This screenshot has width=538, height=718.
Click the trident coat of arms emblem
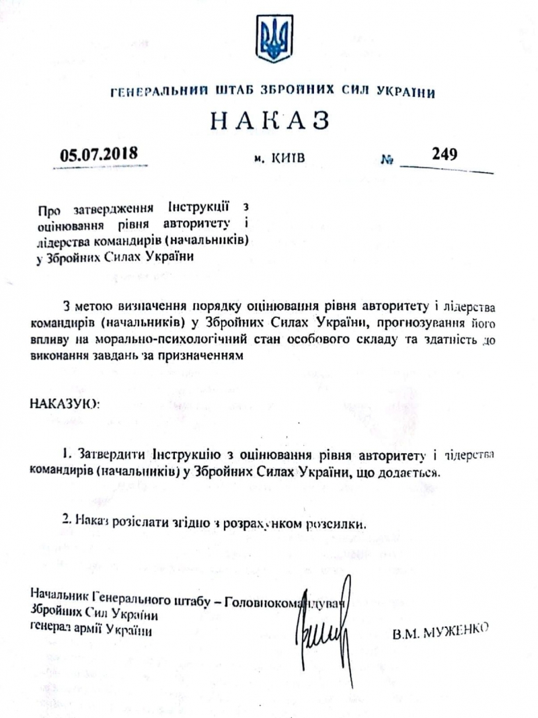(273, 38)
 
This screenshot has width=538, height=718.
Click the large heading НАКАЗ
(270, 121)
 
